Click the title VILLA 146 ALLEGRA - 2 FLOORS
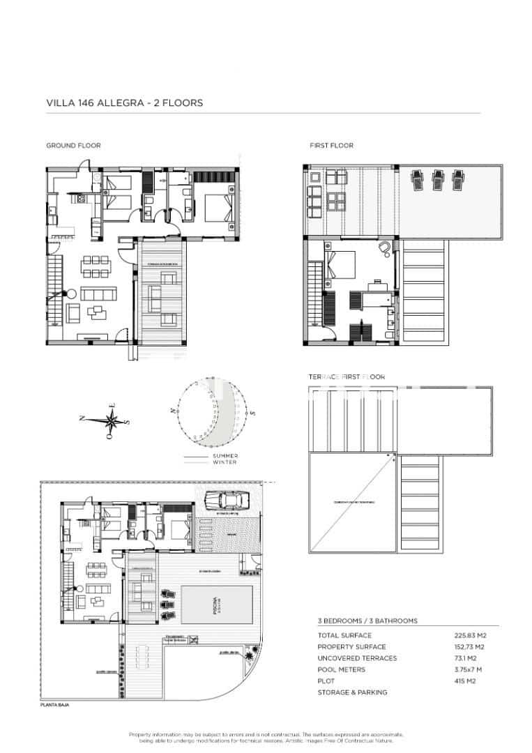124,102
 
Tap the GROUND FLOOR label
73,146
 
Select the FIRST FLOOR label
331,146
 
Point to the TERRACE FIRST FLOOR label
347,376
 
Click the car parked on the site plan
225,499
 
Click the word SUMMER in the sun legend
225,456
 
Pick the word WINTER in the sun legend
225,462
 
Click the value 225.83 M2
469,635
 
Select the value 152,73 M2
469,647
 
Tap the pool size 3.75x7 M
468,669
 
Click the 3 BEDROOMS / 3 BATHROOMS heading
367,621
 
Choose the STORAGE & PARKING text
352,692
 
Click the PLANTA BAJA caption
54,706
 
